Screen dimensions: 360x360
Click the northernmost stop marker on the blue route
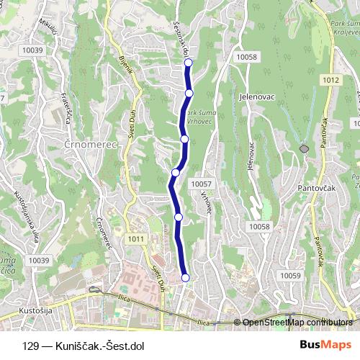[x=189, y=63]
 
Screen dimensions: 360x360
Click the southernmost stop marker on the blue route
[x=185, y=278]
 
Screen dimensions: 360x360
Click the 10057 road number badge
[x=202, y=184]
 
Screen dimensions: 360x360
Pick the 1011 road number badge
[x=136, y=239]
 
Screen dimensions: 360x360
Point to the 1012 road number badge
[x=330, y=80]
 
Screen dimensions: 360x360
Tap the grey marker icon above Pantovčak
[x=305, y=148]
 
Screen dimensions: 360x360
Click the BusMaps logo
[x=323, y=345]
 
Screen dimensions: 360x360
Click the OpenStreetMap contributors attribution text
[x=298, y=323]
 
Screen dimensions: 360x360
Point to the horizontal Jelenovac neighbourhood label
[x=253, y=94]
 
